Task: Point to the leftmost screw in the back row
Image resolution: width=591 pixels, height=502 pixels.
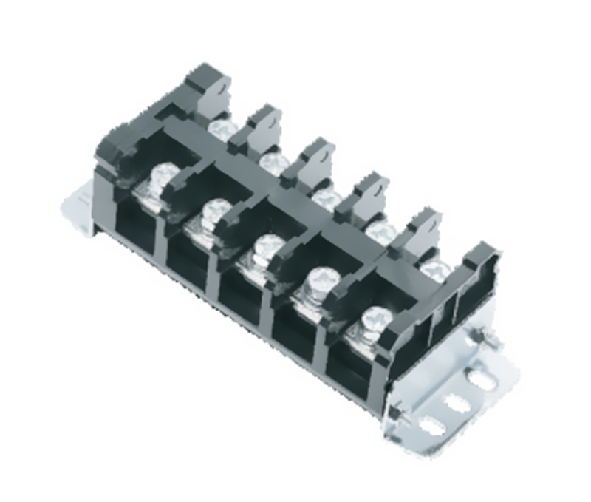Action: click(221, 129)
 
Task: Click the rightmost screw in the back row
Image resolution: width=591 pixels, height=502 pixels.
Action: click(434, 267)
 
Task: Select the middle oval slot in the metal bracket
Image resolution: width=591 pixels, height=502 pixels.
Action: click(456, 401)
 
